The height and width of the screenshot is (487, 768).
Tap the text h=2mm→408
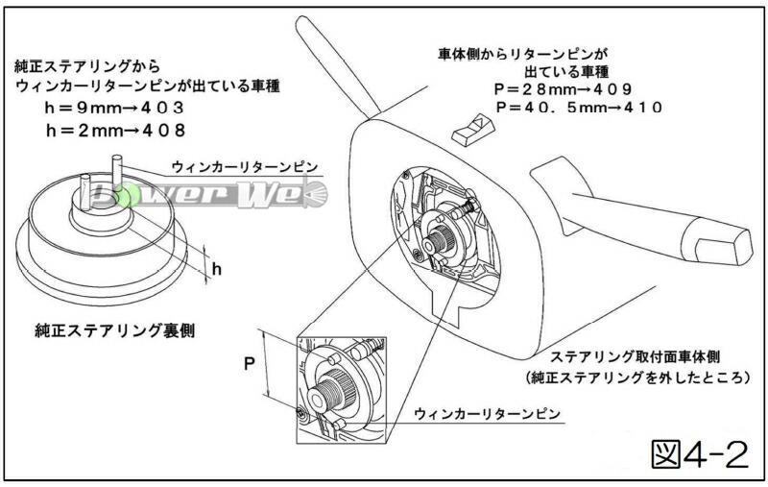[115, 129]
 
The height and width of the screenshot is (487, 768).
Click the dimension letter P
[248, 366]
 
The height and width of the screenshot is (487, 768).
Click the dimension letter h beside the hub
[217, 269]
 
